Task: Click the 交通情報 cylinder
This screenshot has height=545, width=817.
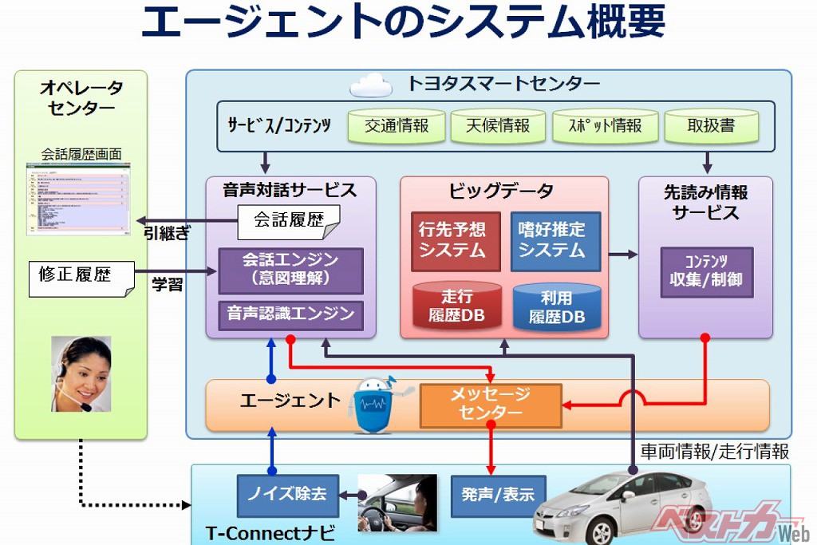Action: (x=397, y=125)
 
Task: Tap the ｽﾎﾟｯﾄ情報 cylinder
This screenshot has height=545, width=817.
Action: (x=606, y=125)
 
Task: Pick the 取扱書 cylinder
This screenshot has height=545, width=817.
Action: (x=710, y=125)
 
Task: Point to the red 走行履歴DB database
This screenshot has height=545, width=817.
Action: (x=456, y=306)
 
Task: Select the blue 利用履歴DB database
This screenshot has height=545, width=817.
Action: (x=556, y=307)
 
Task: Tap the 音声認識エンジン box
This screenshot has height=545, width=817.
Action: (x=290, y=314)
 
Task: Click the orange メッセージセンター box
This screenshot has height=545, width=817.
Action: (x=491, y=405)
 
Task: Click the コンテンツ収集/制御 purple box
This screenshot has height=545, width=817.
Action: (x=706, y=272)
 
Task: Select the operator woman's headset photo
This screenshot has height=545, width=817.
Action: (x=81, y=373)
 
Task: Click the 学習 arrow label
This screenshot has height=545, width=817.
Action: (x=168, y=285)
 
